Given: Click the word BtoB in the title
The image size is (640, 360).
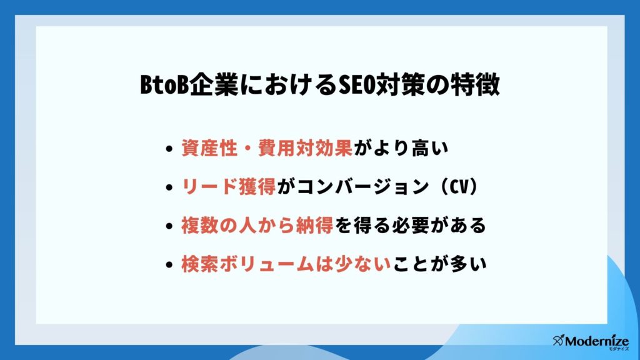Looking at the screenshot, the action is click(164, 85).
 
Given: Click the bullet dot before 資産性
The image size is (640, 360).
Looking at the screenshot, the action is click(169, 149).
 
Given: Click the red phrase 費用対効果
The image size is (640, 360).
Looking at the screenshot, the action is click(305, 147).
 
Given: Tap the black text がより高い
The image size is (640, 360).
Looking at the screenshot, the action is click(401, 147).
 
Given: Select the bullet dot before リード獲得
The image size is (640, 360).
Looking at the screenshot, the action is click(169, 187).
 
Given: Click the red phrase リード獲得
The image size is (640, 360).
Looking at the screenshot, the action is click(229, 187).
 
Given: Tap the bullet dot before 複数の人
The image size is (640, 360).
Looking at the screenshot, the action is click(169, 226).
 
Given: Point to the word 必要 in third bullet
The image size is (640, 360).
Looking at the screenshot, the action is click(411, 225).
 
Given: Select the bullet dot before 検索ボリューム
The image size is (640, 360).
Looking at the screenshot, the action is click(169, 264).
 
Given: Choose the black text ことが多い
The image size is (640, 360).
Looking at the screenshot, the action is click(439, 264).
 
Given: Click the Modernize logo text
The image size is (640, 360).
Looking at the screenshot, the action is click(597, 341).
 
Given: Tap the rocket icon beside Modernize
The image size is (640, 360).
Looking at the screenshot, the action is click(558, 339).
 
